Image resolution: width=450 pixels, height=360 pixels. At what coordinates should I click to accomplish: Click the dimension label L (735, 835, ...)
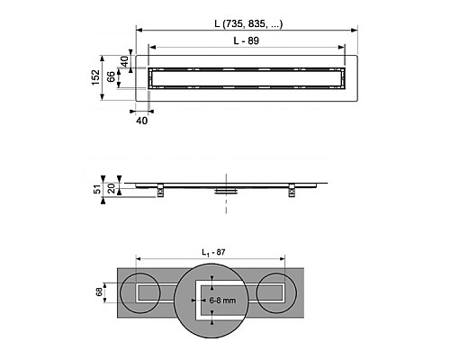coord(248,23)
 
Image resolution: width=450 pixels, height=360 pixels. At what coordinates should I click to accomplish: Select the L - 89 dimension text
coord(247,40)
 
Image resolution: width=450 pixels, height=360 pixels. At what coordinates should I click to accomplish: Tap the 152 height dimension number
coord(95,77)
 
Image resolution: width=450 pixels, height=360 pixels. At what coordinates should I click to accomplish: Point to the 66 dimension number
coord(111,76)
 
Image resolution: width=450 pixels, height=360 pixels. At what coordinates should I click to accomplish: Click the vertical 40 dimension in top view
coord(124,61)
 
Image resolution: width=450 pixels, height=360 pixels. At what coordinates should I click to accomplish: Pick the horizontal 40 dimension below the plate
coord(142,121)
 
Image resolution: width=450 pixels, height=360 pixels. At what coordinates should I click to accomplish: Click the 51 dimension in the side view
coord(97,189)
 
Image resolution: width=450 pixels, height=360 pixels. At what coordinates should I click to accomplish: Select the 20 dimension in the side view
coord(112,188)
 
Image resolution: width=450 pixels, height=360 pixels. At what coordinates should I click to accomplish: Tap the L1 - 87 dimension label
coord(213,253)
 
